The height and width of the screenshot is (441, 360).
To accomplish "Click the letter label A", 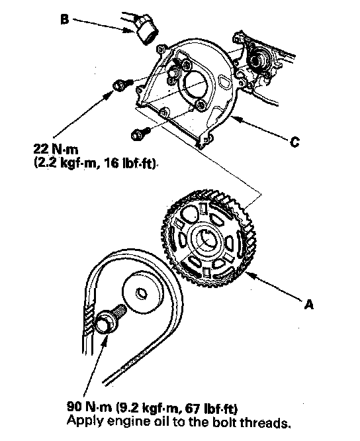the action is pyautogui.click(x=308, y=304).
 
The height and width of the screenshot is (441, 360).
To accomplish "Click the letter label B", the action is pyautogui.click(x=65, y=19).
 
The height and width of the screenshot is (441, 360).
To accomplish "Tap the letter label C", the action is pyautogui.click(x=294, y=142).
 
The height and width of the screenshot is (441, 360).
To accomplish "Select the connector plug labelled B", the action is pyautogui.click(x=147, y=31).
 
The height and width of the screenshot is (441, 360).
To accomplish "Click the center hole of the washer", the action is pyautogui.click(x=142, y=293).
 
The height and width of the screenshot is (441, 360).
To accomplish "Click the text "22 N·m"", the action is pyautogui.click(x=56, y=149).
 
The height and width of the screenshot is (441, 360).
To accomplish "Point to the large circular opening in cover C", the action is pyautogui.click(x=194, y=83).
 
